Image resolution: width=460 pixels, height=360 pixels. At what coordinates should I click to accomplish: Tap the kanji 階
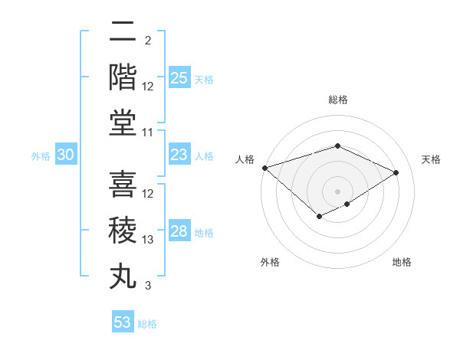123,77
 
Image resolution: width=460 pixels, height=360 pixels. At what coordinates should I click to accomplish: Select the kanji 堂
123,123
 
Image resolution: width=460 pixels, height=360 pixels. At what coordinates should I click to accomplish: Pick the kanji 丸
123,276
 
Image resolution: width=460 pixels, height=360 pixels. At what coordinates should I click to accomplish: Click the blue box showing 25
179,77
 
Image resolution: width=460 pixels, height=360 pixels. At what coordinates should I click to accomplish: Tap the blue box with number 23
179,155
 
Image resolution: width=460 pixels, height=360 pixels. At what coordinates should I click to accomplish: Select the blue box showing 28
179,231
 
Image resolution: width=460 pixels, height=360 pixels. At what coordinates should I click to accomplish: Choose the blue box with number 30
66,155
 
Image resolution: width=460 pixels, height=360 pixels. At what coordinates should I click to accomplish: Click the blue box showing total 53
123,322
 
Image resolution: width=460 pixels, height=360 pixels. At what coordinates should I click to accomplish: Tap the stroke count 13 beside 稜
149,240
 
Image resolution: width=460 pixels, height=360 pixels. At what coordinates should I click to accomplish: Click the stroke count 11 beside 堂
149,133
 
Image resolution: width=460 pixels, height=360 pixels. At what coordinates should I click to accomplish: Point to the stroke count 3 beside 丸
148,286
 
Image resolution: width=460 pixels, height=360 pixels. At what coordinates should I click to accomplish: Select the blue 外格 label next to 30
41,155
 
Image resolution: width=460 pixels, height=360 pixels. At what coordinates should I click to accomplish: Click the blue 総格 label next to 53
147,323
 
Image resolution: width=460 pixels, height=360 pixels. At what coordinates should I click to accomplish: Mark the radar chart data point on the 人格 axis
264,168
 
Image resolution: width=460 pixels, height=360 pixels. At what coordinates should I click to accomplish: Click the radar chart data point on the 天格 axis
396,172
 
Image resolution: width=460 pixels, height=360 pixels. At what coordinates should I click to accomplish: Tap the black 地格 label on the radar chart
402,262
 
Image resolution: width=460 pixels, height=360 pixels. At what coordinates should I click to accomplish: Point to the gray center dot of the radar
337,191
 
